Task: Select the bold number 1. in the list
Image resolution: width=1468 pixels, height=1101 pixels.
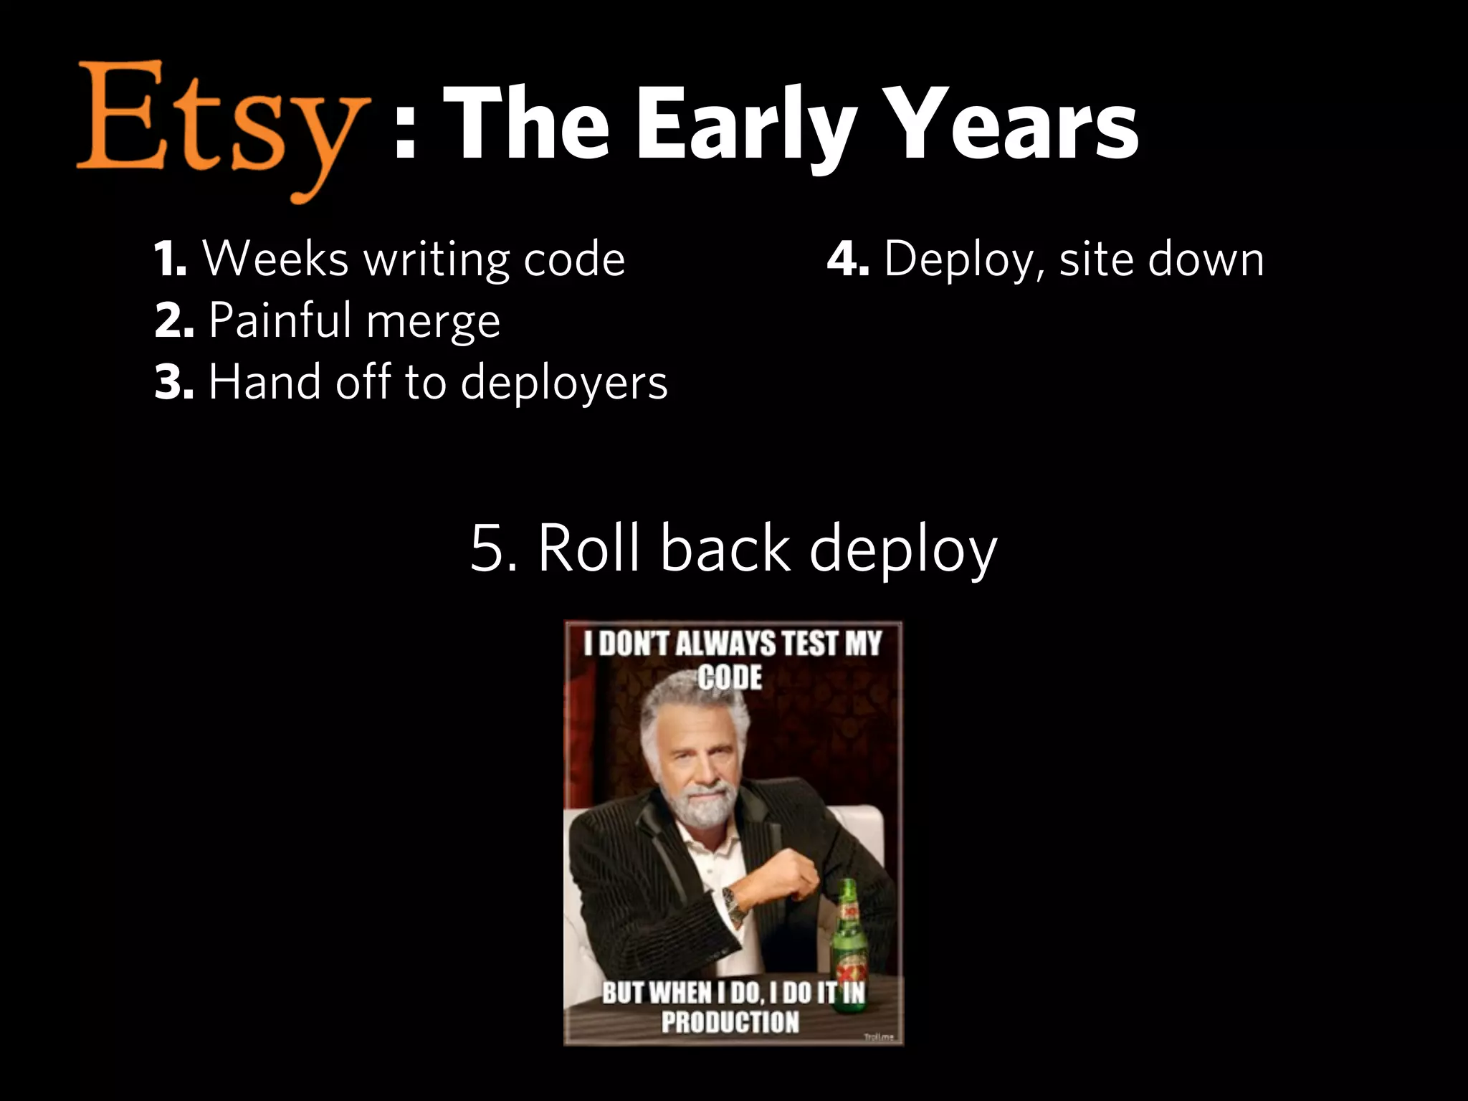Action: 171,259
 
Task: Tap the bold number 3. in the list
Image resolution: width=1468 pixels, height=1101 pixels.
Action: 173,382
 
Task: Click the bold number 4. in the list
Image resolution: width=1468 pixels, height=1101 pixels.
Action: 848,259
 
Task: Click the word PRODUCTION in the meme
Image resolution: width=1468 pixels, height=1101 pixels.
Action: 730,1021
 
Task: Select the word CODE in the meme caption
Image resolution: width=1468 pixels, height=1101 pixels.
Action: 730,677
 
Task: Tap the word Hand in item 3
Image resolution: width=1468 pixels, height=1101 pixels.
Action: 261,381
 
